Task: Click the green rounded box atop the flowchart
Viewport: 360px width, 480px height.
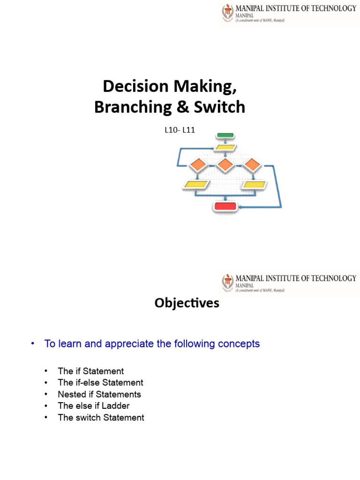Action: click(x=225, y=135)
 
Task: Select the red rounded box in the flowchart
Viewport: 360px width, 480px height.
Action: click(x=225, y=206)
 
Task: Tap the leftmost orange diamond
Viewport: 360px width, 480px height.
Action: click(x=198, y=165)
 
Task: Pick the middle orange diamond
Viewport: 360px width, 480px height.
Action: click(x=225, y=165)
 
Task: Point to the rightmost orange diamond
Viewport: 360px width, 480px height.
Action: click(x=252, y=165)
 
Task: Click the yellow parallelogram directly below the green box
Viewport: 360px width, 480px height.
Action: click(x=225, y=147)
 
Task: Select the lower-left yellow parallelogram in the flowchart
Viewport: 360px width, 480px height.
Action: click(x=196, y=185)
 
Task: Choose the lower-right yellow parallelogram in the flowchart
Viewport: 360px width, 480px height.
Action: click(x=254, y=185)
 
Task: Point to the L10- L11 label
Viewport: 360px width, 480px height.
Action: click(x=179, y=131)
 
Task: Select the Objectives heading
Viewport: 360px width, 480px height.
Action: click(x=187, y=303)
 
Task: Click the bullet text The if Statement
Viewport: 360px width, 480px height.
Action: click(x=90, y=371)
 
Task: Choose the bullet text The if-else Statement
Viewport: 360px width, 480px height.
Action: click(x=100, y=382)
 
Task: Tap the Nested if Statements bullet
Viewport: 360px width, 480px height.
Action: click(x=99, y=394)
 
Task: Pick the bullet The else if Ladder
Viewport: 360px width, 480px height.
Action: click(x=94, y=405)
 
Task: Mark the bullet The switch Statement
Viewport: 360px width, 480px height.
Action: click(x=101, y=417)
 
